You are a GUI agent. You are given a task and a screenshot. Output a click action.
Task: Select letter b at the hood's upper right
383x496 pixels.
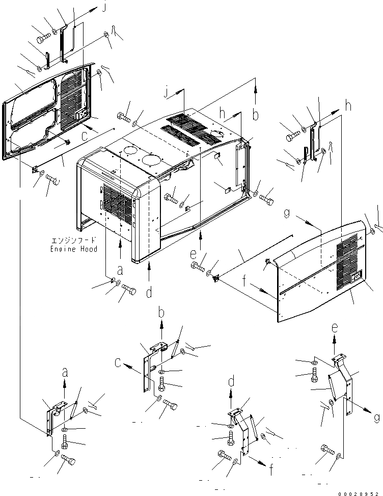[256, 115]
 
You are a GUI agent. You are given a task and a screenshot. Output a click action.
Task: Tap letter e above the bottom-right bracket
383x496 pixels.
[335, 329]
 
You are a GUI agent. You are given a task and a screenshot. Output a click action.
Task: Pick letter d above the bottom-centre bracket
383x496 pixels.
[231, 381]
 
